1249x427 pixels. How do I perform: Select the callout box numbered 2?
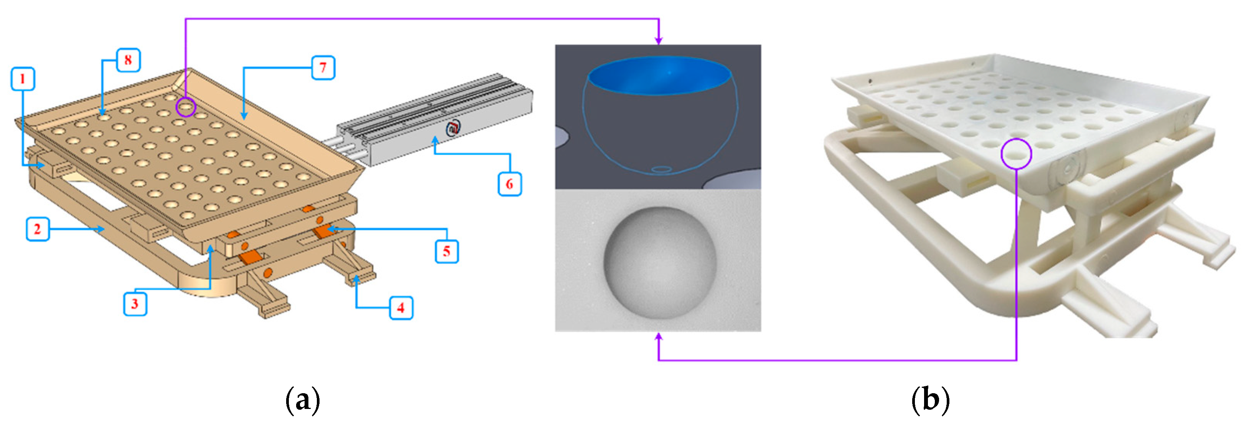[37, 229]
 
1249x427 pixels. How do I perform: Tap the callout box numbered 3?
[135, 304]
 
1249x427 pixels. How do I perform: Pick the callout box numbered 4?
[401, 308]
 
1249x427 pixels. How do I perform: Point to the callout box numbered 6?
[509, 184]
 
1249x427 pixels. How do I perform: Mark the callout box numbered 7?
[323, 68]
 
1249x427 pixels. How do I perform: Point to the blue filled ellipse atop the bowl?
[659, 75]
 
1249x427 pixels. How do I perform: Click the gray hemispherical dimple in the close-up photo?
[660, 263]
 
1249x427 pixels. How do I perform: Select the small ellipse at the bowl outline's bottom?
[661, 169]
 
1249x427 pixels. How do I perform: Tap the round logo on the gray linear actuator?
[453, 128]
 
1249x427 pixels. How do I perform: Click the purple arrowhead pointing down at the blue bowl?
[658, 40]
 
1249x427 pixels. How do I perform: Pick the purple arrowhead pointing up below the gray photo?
[658, 337]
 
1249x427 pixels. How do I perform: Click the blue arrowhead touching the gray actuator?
[435, 141]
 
